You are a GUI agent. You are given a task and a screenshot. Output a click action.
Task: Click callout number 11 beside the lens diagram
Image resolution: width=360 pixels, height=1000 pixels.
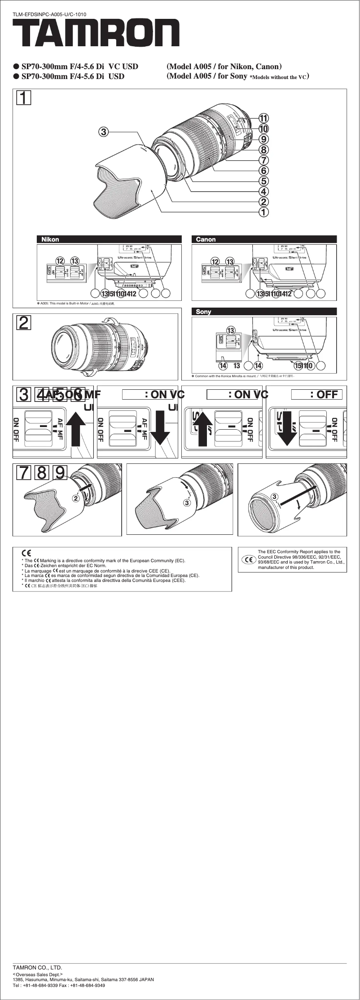(x=264, y=118)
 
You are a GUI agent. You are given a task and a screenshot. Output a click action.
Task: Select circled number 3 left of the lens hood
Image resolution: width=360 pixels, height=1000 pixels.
(x=104, y=132)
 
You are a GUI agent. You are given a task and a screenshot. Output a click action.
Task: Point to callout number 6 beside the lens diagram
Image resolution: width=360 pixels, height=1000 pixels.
(x=264, y=171)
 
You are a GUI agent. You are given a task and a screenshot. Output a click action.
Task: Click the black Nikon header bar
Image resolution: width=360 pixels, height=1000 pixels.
(x=109, y=239)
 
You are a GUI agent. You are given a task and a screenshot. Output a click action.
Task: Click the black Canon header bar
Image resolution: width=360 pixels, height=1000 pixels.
(x=264, y=239)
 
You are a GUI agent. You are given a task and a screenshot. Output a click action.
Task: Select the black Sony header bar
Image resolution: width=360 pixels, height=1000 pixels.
(x=264, y=311)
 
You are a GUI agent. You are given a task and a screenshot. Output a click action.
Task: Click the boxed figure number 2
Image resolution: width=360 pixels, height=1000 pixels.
(x=24, y=323)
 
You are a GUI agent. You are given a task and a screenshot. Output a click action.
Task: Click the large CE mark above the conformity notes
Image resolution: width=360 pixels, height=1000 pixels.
(x=26, y=553)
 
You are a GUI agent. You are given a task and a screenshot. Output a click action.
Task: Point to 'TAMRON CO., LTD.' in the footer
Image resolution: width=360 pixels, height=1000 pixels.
(x=37, y=967)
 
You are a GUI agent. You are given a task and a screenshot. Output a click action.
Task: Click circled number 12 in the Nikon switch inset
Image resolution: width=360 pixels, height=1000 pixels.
(x=60, y=261)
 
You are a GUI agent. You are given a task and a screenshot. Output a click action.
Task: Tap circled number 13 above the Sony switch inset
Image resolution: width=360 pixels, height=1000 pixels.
(x=231, y=330)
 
